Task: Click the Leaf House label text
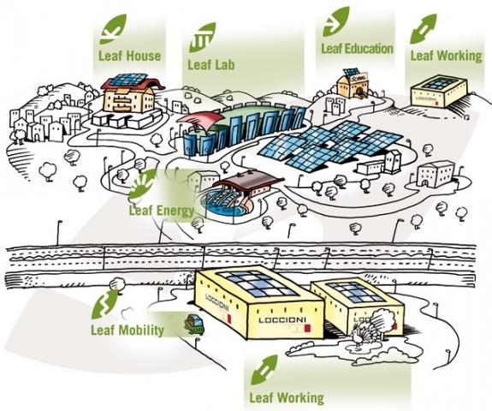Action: (x=129, y=56)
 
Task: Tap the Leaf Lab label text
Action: (x=210, y=65)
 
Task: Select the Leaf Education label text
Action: (x=357, y=48)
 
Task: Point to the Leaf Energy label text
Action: (x=162, y=211)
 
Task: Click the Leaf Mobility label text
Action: (x=127, y=330)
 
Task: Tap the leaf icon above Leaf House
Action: (x=113, y=29)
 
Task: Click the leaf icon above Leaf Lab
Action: (x=202, y=38)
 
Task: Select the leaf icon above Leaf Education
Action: (x=336, y=21)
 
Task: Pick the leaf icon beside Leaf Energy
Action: (x=143, y=185)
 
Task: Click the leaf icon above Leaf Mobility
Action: (x=104, y=304)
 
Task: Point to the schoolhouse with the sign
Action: (x=353, y=83)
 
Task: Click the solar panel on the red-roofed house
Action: (x=129, y=80)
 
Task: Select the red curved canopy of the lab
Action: (x=201, y=121)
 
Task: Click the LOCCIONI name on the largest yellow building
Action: (x=282, y=319)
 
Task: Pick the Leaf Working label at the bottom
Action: (x=287, y=397)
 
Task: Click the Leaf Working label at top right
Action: (x=446, y=56)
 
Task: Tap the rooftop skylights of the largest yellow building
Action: (x=257, y=283)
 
